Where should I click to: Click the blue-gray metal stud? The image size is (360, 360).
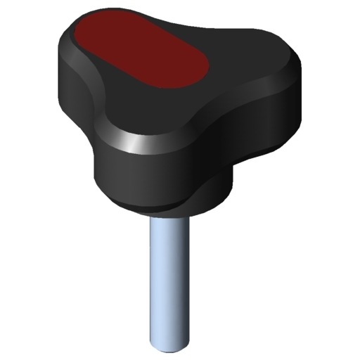coord(169,281)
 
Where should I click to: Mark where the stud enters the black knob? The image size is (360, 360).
coord(169,215)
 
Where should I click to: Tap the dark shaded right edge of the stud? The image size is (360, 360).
coord(186,281)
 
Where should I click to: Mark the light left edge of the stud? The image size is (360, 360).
coord(153,281)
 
